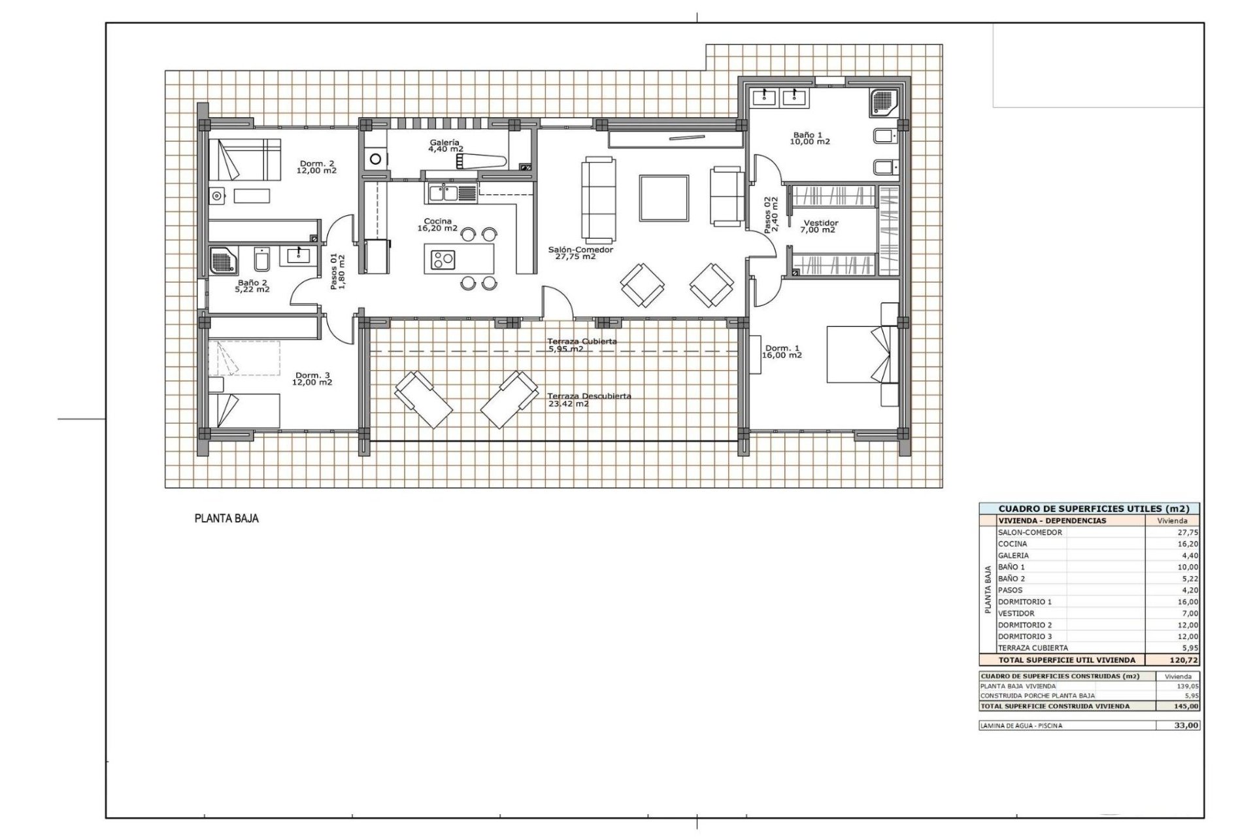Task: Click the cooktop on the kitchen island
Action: [x=443, y=260]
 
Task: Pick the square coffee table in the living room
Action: [x=664, y=198]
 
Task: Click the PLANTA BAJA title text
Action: [x=227, y=519]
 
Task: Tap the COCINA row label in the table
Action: [x=1012, y=544]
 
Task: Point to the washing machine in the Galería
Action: [x=375, y=158]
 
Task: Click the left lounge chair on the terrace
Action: [x=423, y=400]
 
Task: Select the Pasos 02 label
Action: [x=771, y=215]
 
